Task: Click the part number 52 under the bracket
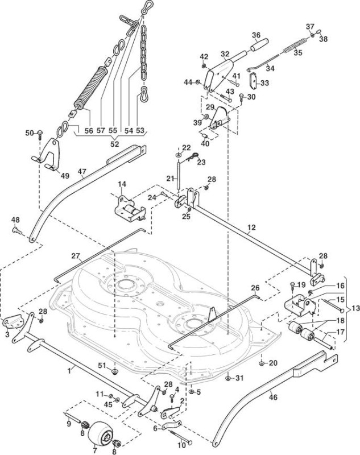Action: click(x=115, y=144)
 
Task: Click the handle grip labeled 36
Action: click(x=260, y=45)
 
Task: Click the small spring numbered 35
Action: click(x=295, y=45)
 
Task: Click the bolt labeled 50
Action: click(x=40, y=134)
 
